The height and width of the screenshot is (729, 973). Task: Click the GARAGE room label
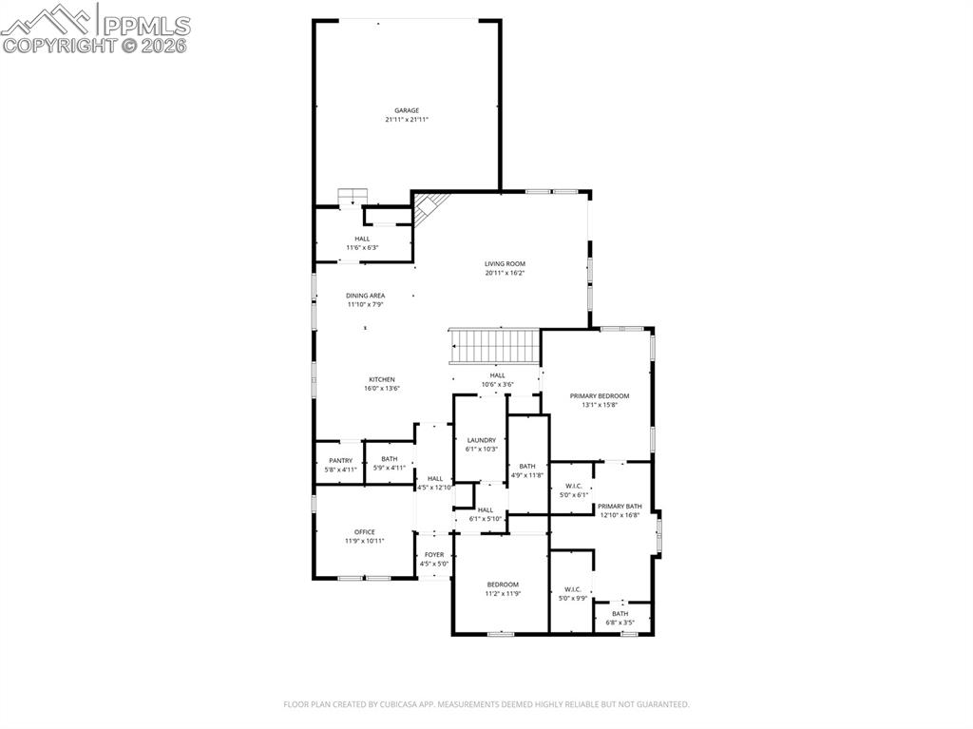coord(407,110)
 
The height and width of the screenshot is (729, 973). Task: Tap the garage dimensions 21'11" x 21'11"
coord(407,120)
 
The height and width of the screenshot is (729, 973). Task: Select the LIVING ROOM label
coord(505,264)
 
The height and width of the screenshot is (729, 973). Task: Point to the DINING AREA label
coord(365,296)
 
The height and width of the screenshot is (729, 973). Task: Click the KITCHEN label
coord(381,379)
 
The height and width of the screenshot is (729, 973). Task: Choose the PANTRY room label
coord(340,460)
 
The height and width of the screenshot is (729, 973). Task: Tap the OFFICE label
coord(364,532)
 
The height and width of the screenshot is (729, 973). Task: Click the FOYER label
coord(433,555)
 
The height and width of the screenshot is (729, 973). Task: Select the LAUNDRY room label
coord(481,440)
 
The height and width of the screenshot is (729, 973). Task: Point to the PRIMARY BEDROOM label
coord(600,395)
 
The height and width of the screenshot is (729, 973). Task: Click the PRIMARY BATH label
coord(620,507)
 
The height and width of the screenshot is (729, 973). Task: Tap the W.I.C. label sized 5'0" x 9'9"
coord(572,589)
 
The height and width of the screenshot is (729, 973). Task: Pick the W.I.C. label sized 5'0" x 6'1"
coord(572,486)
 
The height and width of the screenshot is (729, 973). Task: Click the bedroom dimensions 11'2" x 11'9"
coord(503,594)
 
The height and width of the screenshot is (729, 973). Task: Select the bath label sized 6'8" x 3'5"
coord(620,614)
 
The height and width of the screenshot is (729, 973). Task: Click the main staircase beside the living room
coord(494,345)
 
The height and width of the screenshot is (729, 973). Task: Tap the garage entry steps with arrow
coord(353,196)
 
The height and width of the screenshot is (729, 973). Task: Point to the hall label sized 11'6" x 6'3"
coord(362,240)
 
